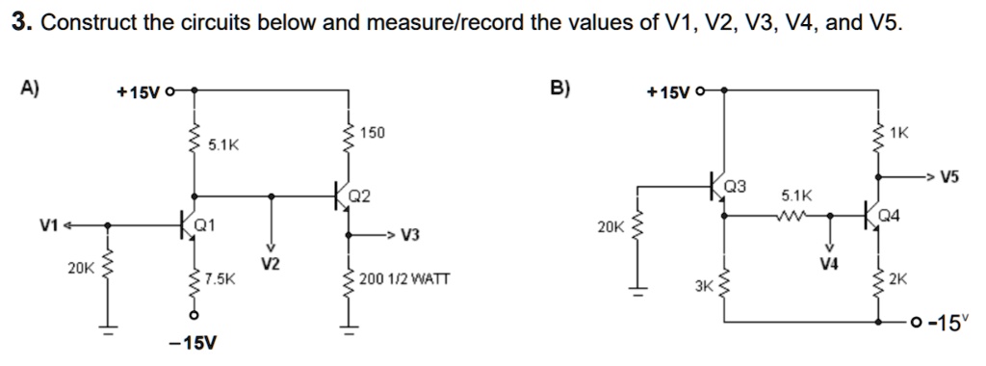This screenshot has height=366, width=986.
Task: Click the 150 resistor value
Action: point(372,132)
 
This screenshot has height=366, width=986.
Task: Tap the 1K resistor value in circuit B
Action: point(898,132)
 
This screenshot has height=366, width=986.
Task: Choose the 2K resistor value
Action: point(898,279)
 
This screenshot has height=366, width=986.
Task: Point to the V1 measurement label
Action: point(49,225)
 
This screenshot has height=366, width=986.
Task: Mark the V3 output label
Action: point(410,235)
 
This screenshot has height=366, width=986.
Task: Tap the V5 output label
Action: point(950,177)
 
